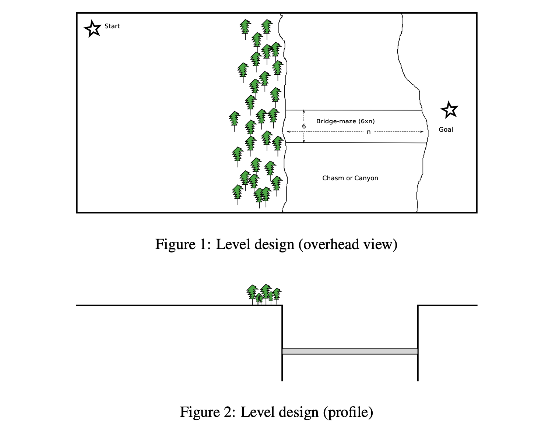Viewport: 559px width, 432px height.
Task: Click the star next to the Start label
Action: pos(92,29)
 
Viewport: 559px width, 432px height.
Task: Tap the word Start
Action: pos(112,26)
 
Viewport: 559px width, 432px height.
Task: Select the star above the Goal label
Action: pos(449,110)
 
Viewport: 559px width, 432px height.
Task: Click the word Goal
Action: pos(446,130)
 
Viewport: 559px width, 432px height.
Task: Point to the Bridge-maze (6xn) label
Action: pos(345,121)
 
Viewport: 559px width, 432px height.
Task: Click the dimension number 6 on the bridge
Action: pos(304,126)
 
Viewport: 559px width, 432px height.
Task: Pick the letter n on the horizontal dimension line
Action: pos(369,132)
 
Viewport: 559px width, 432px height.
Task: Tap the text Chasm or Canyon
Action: pos(350,178)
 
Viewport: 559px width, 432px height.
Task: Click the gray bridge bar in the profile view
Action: pos(350,351)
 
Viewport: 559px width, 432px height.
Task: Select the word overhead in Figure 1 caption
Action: pos(330,244)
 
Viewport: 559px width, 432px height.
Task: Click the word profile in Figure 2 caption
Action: pos(348,412)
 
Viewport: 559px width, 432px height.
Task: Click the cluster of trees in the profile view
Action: pos(264,294)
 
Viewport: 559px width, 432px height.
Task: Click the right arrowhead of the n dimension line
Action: pos(422,132)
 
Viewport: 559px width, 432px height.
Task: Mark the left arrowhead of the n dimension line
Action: pos(289,132)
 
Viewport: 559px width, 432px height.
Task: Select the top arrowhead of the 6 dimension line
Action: pos(304,111)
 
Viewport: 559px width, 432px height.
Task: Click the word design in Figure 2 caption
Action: pos(298,412)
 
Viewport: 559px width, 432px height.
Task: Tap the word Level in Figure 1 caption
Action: pos(233,244)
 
